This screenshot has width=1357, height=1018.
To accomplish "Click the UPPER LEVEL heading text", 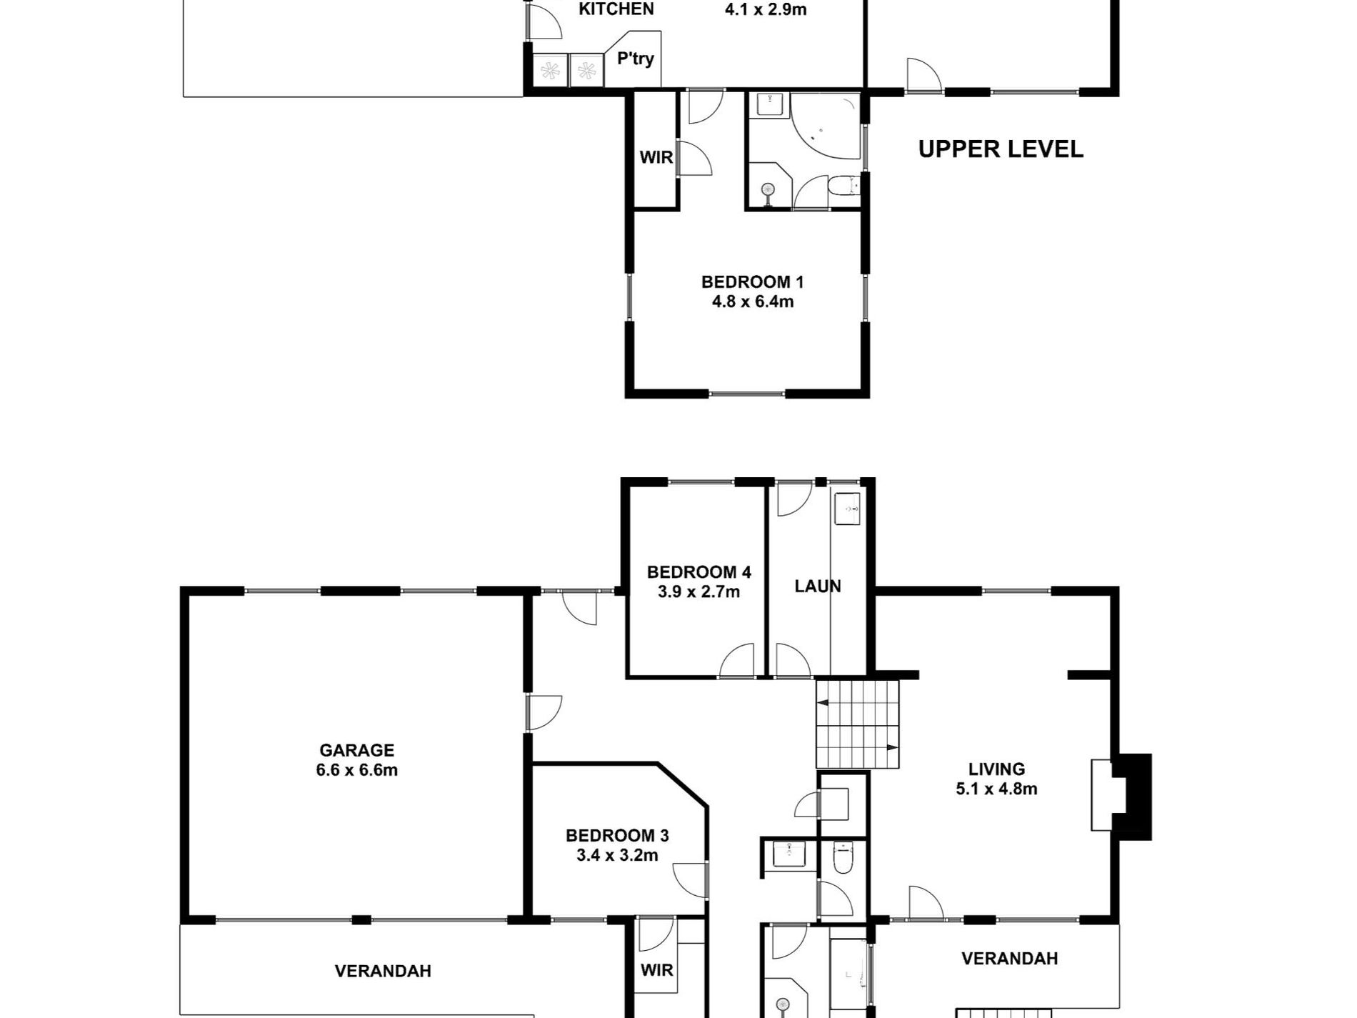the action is point(1001,149).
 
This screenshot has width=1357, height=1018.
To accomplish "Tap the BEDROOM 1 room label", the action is point(752,281).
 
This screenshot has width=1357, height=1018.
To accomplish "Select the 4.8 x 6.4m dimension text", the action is point(752,301).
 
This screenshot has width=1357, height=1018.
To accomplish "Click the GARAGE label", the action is point(356,750).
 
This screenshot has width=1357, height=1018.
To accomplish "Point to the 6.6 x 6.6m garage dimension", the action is point(356,770).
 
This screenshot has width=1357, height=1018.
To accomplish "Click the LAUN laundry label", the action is point(818,587).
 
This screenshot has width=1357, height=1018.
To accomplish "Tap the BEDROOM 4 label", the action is point(698,572).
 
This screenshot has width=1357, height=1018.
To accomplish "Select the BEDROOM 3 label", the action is point(617,835).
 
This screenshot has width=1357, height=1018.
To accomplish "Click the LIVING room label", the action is point(996,769).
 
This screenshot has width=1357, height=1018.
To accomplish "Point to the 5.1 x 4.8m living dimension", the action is point(996,789).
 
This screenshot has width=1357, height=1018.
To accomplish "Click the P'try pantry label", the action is point(635,59).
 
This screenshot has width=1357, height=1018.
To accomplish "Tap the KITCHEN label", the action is point(616,9).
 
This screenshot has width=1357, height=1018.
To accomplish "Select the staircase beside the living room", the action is point(857,724).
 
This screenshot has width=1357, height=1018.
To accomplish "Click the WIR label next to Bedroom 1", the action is point(656,157).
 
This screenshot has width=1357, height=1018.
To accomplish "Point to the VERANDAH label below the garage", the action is point(383,971).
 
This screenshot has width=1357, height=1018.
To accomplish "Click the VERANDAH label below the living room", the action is point(1009,959).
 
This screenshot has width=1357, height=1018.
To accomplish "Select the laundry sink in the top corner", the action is point(848,509).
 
